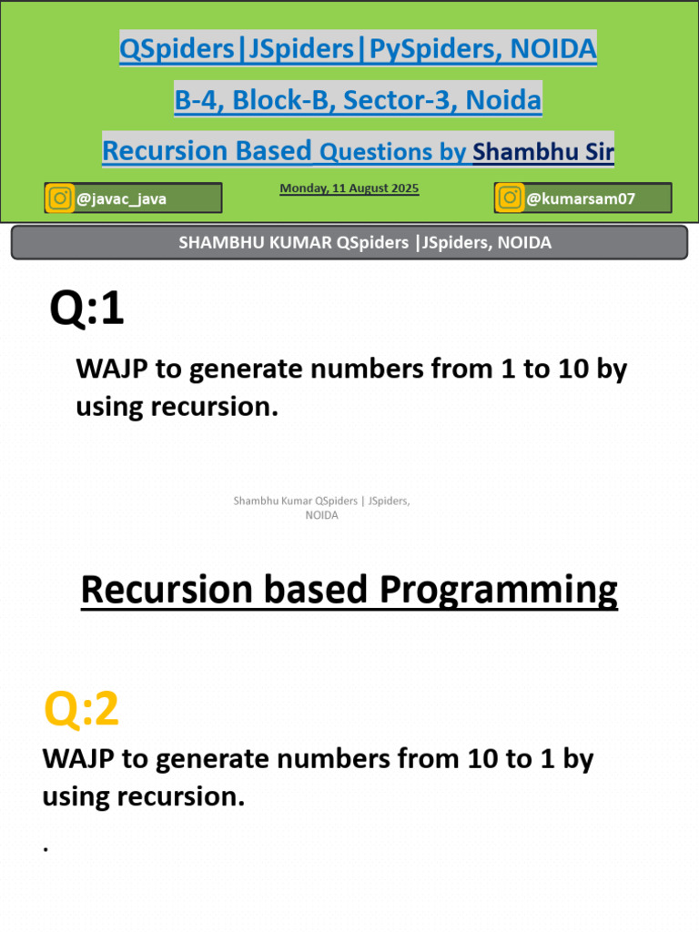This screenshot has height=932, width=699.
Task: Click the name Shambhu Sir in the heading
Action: [x=543, y=152]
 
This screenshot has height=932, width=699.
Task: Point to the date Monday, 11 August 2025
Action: [x=349, y=188]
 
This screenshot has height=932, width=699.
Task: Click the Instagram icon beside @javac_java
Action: [x=59, y=198]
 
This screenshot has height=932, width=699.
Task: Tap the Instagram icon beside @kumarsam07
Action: [x=510, y=198]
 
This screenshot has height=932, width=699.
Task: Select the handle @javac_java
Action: [x=121, y=198]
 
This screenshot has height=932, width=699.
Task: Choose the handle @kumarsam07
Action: [x=581, y=198]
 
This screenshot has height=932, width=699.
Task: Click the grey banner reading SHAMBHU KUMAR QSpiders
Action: [x=349, y=242]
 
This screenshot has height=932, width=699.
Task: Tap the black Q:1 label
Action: [x=86, y=308]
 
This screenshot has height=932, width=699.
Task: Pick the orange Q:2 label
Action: [x=81, y=708]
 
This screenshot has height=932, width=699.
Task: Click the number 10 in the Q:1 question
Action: [x=573, y=370]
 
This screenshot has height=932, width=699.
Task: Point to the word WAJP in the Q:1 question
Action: [x=112, y=370]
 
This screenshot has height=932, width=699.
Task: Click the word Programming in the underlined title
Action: [x=499, y=590]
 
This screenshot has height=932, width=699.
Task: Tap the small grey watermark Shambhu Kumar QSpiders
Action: [x=321, y=508]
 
